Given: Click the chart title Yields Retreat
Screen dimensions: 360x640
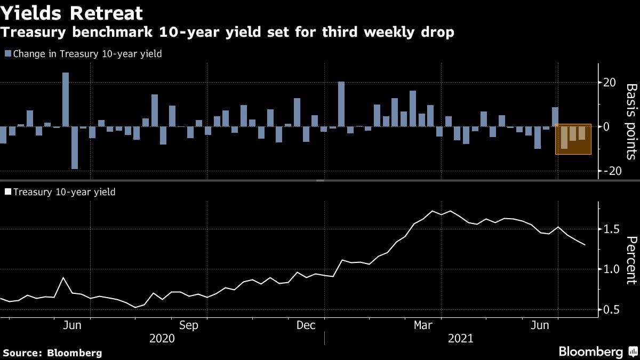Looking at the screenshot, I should [x=72, y=12].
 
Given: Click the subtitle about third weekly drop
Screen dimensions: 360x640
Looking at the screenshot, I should [x=227, y=33].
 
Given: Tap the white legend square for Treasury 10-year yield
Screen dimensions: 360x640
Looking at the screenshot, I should [x=7, y=191].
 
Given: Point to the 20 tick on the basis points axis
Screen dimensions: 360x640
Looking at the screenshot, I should [x=610, y=82].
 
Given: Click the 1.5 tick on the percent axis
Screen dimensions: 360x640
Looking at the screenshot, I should [x=611, y=229].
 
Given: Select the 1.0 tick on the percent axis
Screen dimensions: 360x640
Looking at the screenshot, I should [x=611, y=269].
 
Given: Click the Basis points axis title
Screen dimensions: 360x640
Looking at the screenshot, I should [x=630, y=121].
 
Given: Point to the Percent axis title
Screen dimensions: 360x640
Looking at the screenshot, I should [x=630, y=260].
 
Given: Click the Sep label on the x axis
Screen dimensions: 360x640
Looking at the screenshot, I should [x=189, y=325].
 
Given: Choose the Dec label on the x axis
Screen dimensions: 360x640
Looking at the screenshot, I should [x=307, y=325].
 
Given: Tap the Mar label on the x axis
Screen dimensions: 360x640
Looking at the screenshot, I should [x=424, y=325].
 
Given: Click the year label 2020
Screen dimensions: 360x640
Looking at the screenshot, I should [x=162, y=339].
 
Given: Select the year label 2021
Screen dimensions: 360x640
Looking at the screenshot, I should [x=461, y=339].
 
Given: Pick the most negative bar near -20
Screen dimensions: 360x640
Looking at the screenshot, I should [x=75, y=148].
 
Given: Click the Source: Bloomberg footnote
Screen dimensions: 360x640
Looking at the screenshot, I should [x=52, y=353].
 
